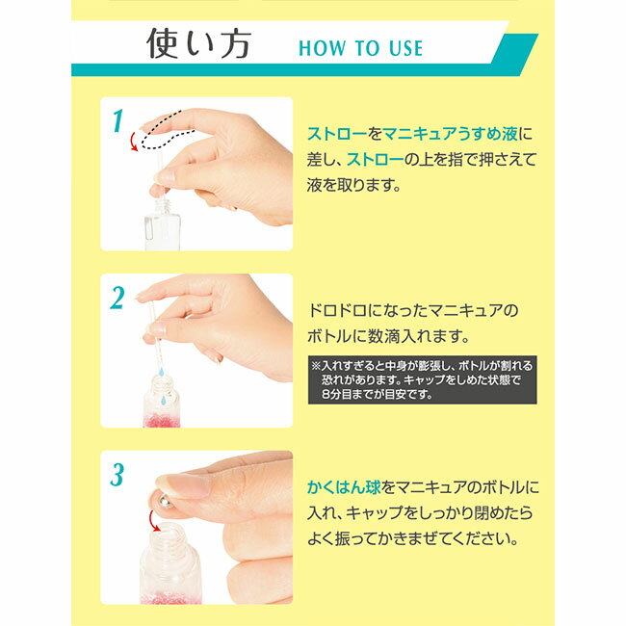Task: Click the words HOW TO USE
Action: [x=360, y=47]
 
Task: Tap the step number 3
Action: [x=117, y=475]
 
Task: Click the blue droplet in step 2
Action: [x=165, y=396]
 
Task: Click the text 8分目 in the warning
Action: [x=330, y=394]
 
